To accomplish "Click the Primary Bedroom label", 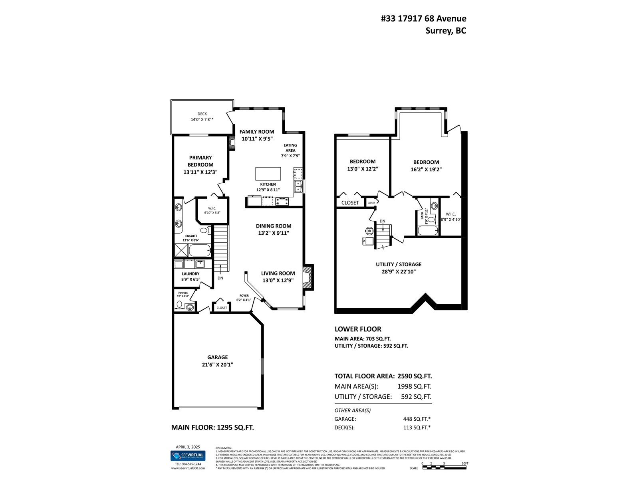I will click(200, 161).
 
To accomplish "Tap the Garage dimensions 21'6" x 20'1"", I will click(217, 364).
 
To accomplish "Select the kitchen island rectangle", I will click(268, 174).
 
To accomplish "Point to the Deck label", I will click(202, 114).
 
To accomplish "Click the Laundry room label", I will click(191, 274).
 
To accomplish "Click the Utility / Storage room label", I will click(398, 264).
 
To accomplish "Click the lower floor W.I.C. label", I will click(450, 214).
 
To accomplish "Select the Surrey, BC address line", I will click(446, 31).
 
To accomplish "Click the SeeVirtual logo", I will click(188, 455).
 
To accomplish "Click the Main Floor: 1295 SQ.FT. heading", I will click(212, 428).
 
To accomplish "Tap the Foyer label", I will click(244, 296).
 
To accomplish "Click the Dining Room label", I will click(274, 226).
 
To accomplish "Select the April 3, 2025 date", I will click(188, 447).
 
